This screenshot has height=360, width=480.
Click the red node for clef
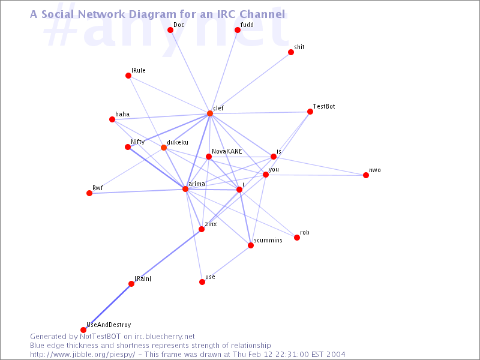pos(209,113)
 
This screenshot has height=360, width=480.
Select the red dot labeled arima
pos(185,189)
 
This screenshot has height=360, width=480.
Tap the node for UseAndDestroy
pos(83,329)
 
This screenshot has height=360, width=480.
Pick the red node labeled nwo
pos(366,175)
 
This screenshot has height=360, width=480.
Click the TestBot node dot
pos(310,112)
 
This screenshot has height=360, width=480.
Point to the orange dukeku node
pos(164,148)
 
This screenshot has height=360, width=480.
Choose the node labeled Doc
pos(170,30)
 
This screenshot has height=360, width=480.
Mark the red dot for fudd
pos(238,29)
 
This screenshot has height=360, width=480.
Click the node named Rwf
pos(89,193)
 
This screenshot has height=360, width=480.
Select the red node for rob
pos(297,238)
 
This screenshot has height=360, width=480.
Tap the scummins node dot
pos(251,245)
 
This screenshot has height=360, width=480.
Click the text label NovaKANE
pos(227,151)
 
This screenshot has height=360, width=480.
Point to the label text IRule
pos(139,70)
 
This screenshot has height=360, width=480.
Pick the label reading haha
pos(122,114)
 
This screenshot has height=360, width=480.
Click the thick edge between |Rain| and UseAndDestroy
pos(107,307)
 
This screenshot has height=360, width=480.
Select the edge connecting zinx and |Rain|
pos(166,257)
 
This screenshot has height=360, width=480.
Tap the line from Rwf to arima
pos(137,191)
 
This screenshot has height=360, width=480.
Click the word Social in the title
pos(58,14)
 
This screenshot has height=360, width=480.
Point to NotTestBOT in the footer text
pos(100,337)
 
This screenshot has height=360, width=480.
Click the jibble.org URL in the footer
pos(82,355)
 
